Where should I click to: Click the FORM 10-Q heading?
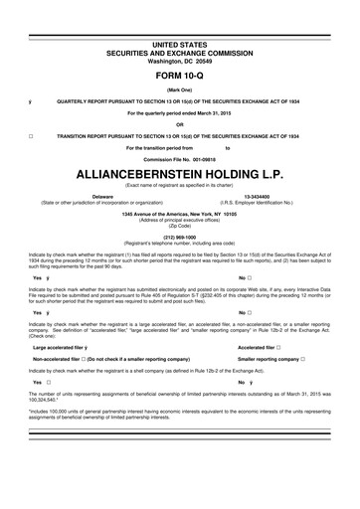179,75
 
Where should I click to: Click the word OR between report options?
179,124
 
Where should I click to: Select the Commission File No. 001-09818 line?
179,159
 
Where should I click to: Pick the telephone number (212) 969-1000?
179,238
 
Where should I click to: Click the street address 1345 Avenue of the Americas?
179,214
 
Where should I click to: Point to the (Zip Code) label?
179,226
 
